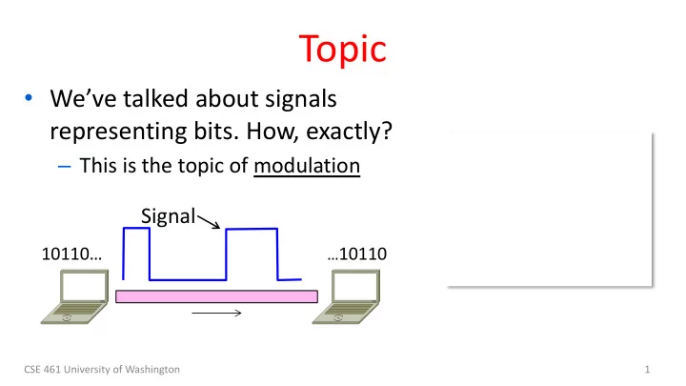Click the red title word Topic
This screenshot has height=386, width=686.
coord(343,50)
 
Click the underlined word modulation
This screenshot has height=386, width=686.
coord(307,166)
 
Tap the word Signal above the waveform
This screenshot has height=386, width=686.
coord(168,216)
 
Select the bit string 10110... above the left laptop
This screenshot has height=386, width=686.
coord(71,254)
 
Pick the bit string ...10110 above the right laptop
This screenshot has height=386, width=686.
coord(357,254)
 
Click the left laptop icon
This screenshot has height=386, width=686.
coord(75,296)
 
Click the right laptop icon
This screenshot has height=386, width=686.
coord(346,296)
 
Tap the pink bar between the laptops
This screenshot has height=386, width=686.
coord(216,296)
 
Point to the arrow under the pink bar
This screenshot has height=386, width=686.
coord(216,313)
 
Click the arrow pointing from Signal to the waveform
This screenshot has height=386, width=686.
coord(209,221)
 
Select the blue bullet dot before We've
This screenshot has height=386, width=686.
coord(29,97)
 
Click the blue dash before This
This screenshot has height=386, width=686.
coord(65,167)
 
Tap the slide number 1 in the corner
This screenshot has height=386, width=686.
coord(647,370)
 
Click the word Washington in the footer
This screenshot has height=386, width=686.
coord(152,370)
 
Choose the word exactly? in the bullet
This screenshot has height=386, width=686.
coord(349,131)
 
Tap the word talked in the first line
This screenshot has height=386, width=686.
coord(156,98)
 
